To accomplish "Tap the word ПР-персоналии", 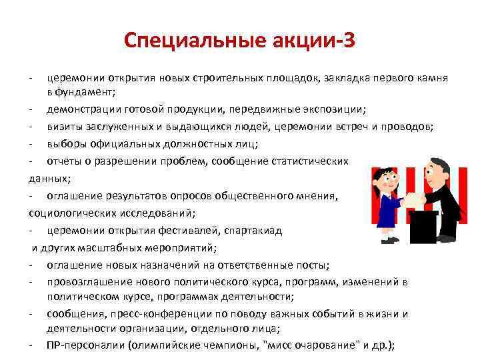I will (85, 345).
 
